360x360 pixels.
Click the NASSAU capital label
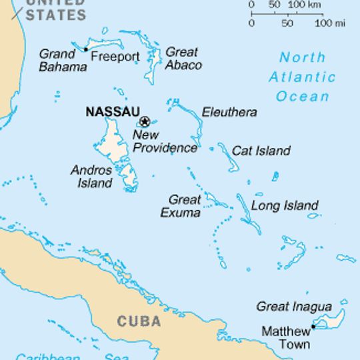[112, 112]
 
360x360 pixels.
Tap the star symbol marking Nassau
[144, 122]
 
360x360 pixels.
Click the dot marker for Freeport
[85, 49]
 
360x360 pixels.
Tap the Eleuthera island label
[229, 112]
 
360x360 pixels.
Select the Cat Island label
[261, 151]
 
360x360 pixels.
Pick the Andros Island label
[91, 176]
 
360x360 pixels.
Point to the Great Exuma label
[181, 206]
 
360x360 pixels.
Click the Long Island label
[285, 205]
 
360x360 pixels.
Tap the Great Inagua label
[293, 307]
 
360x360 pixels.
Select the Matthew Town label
[285, 337]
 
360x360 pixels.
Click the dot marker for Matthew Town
[313, 326]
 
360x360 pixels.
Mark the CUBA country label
[139, 321]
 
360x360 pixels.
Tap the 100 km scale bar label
[304, 5]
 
